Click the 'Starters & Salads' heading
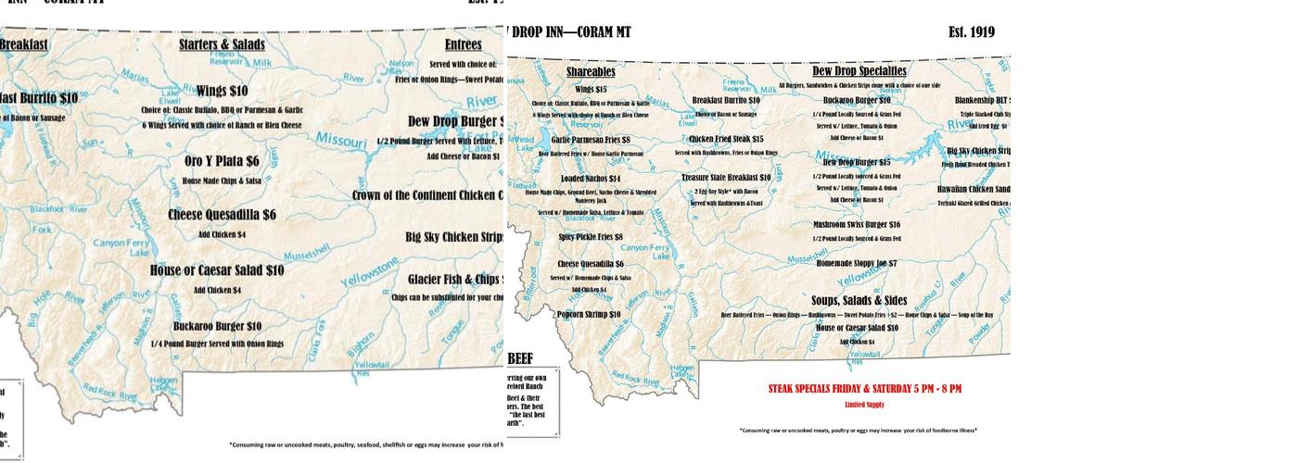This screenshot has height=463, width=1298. (x=222, y=44)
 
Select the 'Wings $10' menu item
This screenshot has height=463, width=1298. (x=222, y=91)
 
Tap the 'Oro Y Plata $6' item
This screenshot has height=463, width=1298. (x=222, y=161)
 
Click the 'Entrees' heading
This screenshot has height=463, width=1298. (x=463, y=44)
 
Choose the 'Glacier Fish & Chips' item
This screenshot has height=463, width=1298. (x=455, y=280)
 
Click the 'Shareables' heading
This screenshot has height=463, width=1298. (x=591, y=71)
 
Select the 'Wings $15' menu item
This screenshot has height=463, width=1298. (x=591, y=90)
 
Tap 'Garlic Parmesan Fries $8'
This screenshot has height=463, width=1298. (x=591, y=140)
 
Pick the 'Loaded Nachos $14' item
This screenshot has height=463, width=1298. (x=591, y=179)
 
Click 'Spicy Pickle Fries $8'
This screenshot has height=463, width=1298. (x=591, y=237)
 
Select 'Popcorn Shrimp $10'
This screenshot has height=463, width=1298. (x=589, y=314)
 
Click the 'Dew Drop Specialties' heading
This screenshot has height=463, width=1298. (x=859, y=70)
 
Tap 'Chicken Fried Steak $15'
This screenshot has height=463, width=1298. (x=726, y=139)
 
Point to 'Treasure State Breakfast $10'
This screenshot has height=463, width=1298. (x=726, y=178)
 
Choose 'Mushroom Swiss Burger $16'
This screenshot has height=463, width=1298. (x=857, y=224)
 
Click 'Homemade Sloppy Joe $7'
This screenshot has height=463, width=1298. (x=857, y=263)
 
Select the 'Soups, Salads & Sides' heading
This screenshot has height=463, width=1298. (x=859, y=300)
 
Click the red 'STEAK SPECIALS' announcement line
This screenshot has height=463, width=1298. (x=864, y=389)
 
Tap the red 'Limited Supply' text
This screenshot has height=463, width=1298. (x=864, y=405)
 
